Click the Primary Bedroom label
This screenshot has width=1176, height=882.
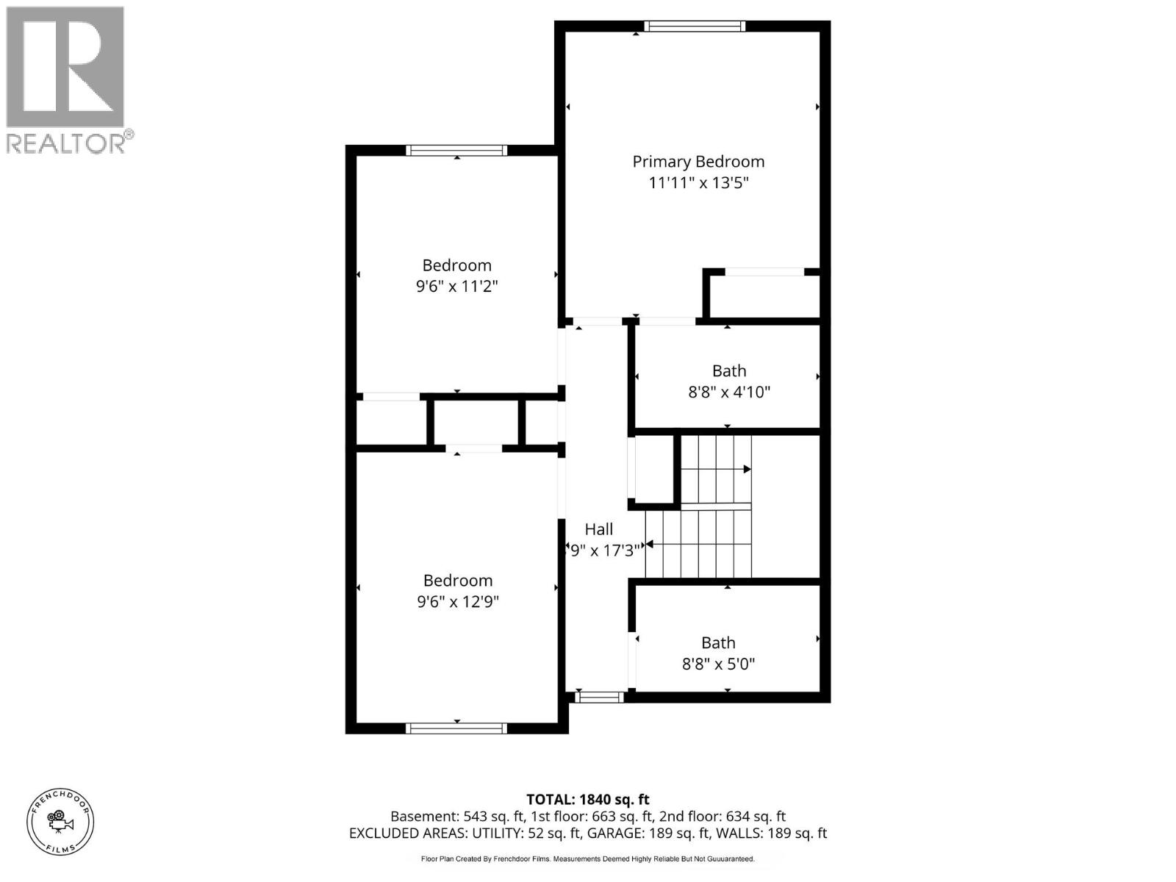click(698, 162)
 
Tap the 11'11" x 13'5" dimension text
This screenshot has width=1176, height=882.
click(698, 182)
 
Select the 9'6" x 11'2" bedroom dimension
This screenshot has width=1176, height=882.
click(457, 286)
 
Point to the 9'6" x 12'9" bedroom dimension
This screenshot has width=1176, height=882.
click(458, 601)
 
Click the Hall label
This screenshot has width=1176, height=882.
click(599, 529)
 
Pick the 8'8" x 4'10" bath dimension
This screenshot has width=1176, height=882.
click(729, 392)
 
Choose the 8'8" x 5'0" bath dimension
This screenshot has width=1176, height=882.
click(718, 664)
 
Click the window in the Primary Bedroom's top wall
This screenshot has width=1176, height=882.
click(695, 26)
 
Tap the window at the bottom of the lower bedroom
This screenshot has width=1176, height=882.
click(456, 728)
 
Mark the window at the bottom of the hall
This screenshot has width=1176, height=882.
click(599, 697)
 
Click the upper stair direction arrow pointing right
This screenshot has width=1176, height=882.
click(746, 469)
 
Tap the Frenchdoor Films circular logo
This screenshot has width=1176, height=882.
click(60, 821)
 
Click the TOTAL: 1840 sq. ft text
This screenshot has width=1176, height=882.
click(588, 800)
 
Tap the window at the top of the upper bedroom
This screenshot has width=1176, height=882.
click(456, 151)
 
